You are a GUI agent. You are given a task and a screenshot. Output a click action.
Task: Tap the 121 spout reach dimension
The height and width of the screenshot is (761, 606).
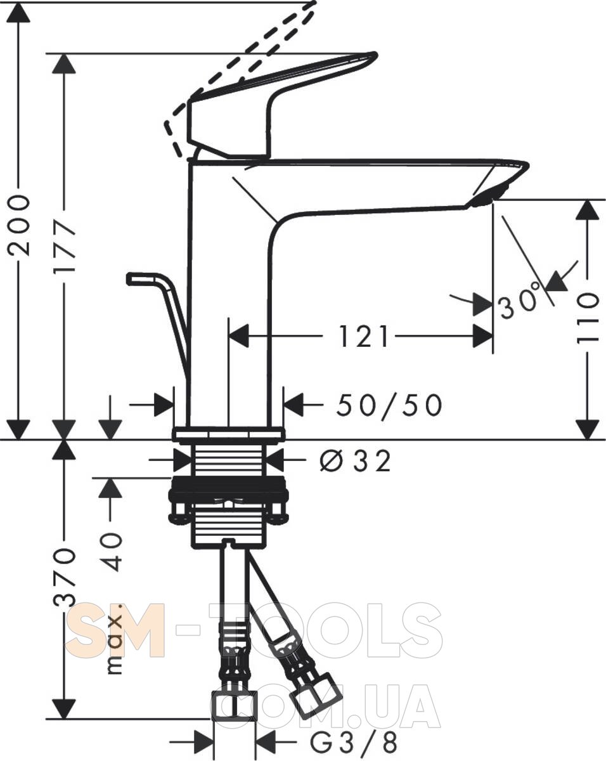pyautogui.click(x=363, y=336)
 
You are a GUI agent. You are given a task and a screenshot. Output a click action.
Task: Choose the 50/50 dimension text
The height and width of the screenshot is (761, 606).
pyautogui.click(x=389, y=406)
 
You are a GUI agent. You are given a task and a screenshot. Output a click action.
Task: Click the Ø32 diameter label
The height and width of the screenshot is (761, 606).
pyautogui.click(x=356, y=461)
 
